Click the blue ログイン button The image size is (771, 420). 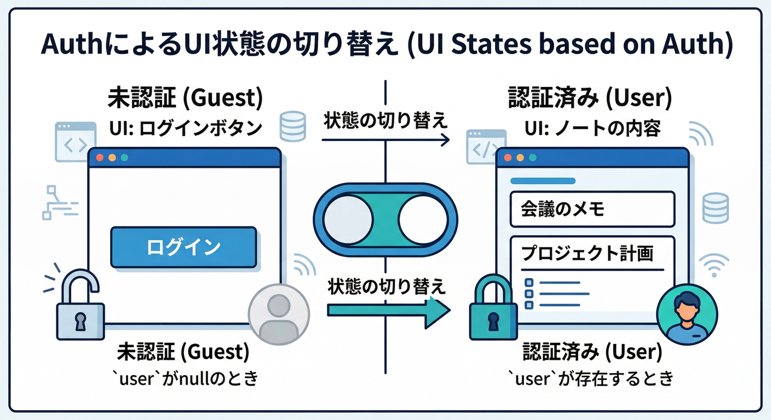[x=183, y=247]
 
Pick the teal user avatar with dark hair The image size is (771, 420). [x=687, y=315]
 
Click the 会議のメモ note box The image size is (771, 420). [x=591, y=209]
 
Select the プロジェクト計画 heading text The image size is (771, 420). [x=588, y=253]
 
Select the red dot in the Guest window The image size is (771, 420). [x=100, y=157]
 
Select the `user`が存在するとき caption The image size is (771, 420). [x=591, y=378]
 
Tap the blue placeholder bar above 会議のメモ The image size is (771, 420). [x=542, y=180]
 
